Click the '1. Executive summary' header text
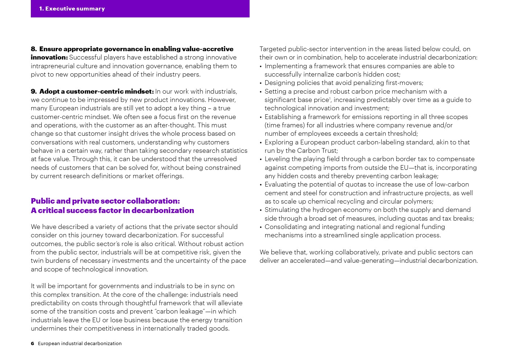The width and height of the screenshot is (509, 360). click(72, 8)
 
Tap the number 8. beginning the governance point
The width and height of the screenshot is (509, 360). click(34, 49)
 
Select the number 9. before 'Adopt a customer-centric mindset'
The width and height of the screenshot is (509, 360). click(34, 91)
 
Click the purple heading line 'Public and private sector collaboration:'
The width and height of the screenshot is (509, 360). click(105, 201)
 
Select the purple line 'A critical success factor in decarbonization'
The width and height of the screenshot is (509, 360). click(112, 210)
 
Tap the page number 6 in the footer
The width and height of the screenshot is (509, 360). click(32, 343)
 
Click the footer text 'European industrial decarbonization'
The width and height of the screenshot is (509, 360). click(80, 343)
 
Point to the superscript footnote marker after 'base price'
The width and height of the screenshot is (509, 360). click(330, 98)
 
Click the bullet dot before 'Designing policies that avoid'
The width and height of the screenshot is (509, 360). click(261, 83)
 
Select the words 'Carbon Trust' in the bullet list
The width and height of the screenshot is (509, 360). click(316, 150)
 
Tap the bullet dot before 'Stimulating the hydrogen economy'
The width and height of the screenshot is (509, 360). click(261, 210)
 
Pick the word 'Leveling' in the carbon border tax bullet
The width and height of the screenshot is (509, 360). click(277, 159)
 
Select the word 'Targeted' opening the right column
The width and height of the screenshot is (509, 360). click(272, 49)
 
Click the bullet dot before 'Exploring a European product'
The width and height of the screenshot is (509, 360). click(261, 143)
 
